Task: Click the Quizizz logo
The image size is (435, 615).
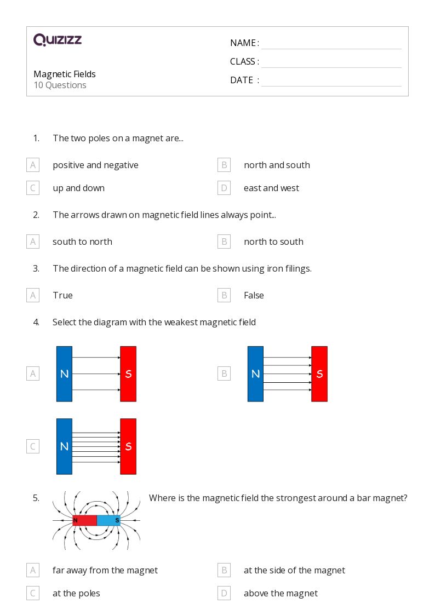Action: [58, 40]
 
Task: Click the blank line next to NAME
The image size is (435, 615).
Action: [331, 43]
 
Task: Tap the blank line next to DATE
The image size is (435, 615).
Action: [331, 81]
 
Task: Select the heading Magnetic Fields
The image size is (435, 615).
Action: [65, 74]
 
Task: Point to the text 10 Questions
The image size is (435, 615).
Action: [60, 85]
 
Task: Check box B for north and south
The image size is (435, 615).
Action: [224, 165]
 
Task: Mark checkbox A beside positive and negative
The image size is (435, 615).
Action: [33, 165]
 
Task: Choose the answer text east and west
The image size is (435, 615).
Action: [271, 188]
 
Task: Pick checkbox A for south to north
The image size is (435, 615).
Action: [33, 242]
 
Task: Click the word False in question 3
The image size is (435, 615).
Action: [254, 295]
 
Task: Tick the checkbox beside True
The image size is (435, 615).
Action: [33, 295]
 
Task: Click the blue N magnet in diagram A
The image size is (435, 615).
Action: [64, 374]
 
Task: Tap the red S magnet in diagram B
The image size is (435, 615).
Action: [319, 374]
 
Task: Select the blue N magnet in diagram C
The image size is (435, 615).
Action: [64, 446]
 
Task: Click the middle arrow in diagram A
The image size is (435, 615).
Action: [96, 374]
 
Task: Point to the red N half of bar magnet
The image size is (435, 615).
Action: [84, 520]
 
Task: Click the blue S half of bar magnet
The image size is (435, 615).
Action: [108, 520]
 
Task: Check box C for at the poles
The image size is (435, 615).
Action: [33, 593]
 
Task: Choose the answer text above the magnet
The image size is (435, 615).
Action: [281, 593]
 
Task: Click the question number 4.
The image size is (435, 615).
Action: [36, 322]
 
